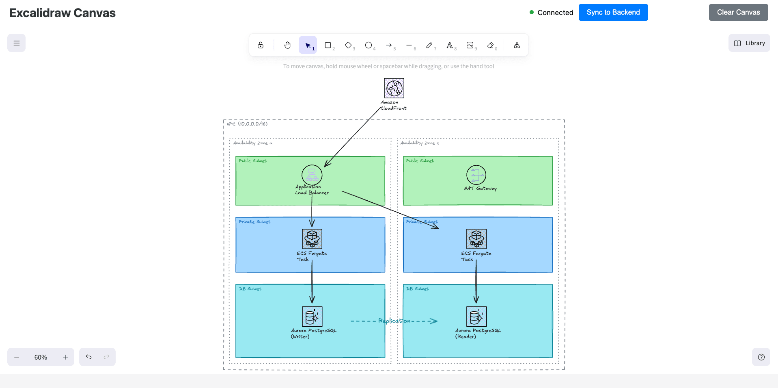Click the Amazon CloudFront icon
(x=394, y=88)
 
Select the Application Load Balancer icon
(x=312, y=175)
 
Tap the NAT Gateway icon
(x=476, y=175)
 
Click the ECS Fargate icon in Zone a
(x=312, y=239)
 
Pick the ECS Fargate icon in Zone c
(x=476, y=239)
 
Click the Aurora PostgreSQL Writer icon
(x=312, y=316)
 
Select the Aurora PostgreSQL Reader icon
(x=476, y=316)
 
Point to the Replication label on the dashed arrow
(x=394, y=321)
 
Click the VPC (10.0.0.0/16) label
(x=247, y=124)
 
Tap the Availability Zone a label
(x=252, y=143)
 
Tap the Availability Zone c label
(x=419, y=143)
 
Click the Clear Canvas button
(x=738, y=12)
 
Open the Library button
(x=749, y=43)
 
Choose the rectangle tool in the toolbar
(x=328, y=45)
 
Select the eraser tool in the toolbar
(x=491, y=45)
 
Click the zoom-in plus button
(x=65, y=357)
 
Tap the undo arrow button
(x=88, y=357)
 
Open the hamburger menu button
(x=16, y=43)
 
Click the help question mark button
(x=761, y=357)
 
